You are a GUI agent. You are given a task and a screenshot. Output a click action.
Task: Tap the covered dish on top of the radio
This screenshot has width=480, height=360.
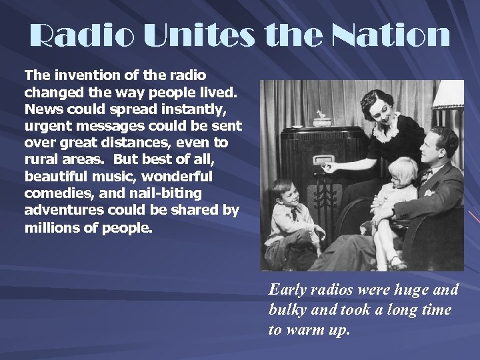pyautogui.click(x=323, y=119)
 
